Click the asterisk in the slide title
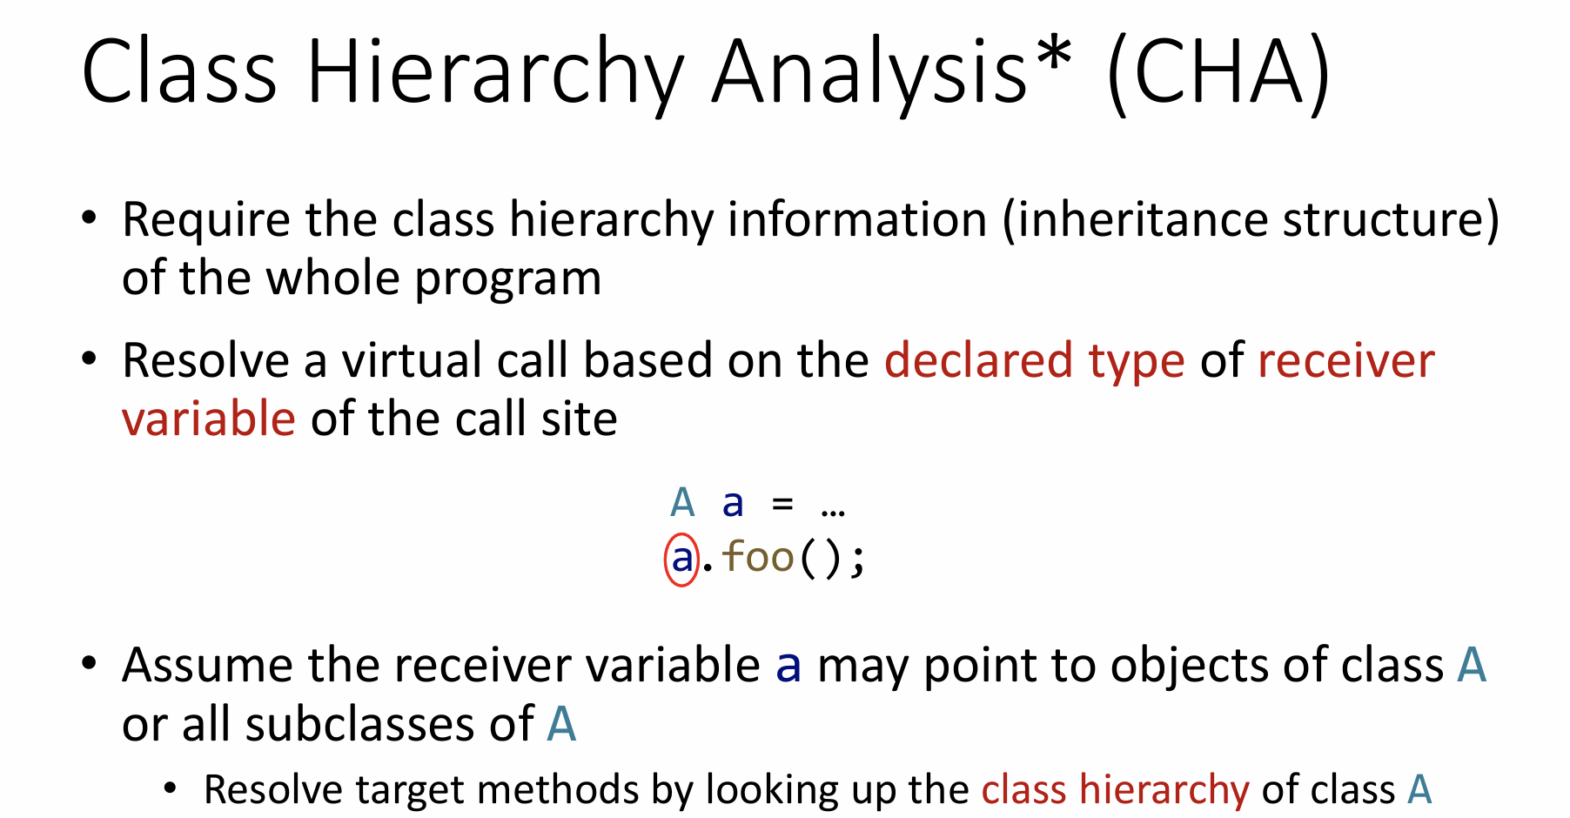(1055, 54)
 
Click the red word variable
(209, 419)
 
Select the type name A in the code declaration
(682, 503)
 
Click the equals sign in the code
(782, 503)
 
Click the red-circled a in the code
(682, 559)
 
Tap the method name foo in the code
(758, 557)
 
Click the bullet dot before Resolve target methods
(171, 789)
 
